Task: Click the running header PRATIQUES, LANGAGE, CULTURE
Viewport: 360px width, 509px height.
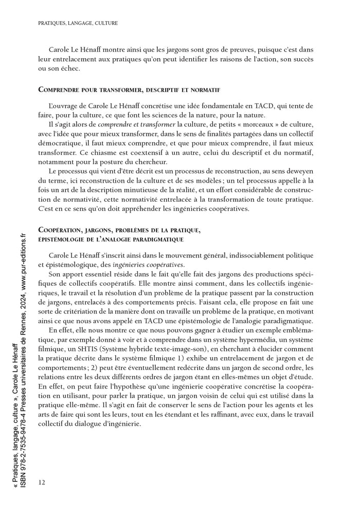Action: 78,23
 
